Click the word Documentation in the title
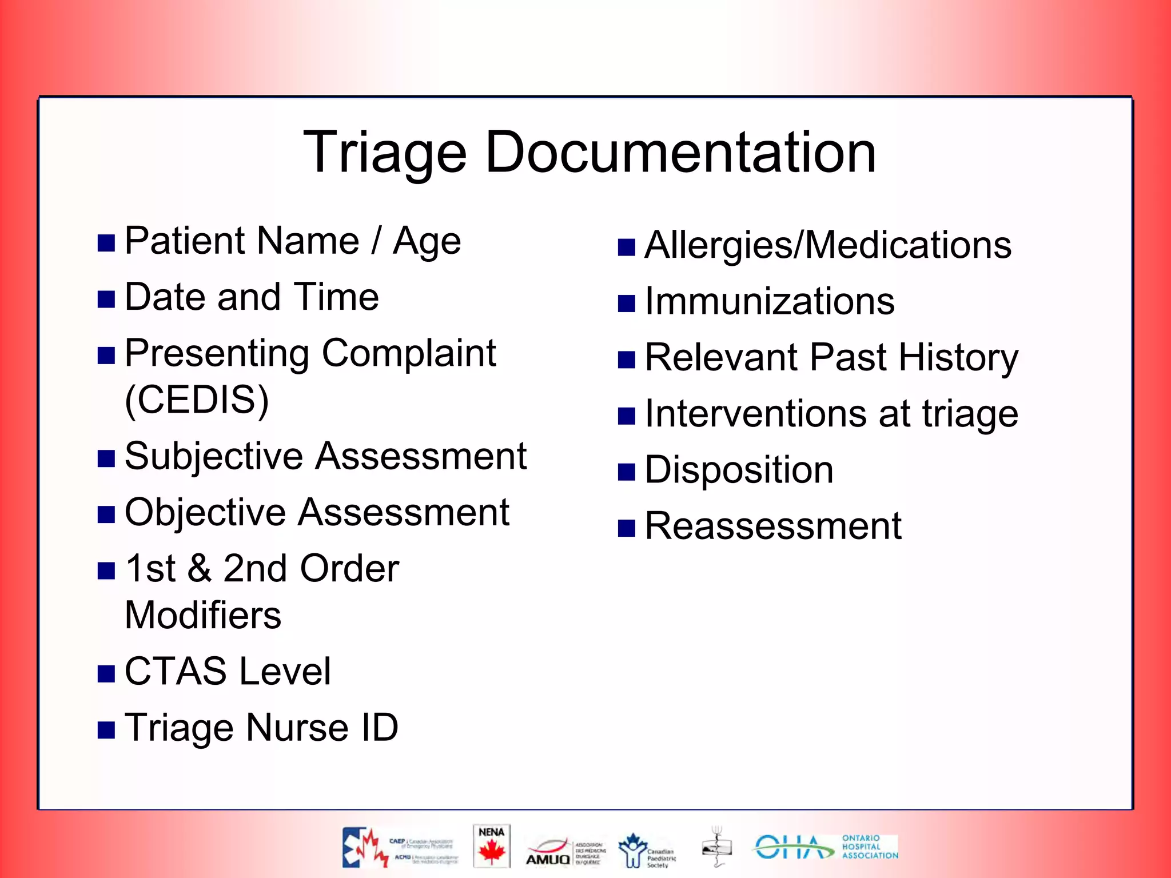click(680, 152)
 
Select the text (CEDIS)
click(197, 400)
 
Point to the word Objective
click(205, 513)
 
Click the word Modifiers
click(203, 615)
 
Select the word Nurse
click(297, 728)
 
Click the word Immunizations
click(770, 301)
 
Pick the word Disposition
click(739, 470)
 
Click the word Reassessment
click(773, 526)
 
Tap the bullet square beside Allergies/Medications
click(627, 248)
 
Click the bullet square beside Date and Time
click(106, 299)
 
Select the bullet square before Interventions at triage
click(627, 416)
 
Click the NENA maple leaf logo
click(492, 846)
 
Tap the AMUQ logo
click(548, 852)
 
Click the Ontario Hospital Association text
click(869, 847)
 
